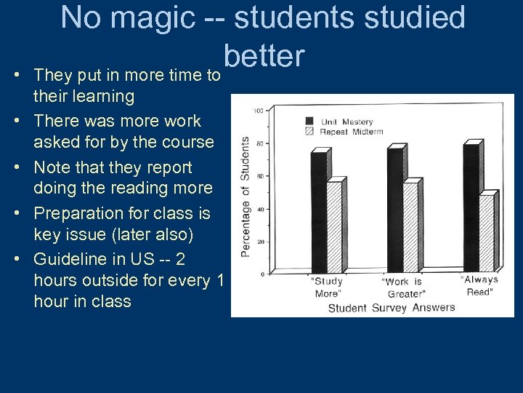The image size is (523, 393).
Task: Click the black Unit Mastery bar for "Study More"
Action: [318, 211]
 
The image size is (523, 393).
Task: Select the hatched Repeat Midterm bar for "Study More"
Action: [334, 227]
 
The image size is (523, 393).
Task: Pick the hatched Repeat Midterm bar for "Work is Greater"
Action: [410, 227]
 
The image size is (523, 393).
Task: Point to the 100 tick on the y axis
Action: [259, 111]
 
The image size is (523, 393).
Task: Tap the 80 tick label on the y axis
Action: [259, 143]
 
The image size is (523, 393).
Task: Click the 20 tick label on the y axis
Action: [259, 242]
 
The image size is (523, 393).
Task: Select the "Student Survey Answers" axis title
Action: [392, 307]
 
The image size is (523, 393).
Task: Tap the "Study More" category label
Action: [327, 287]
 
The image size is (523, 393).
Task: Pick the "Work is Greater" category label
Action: [402, 287]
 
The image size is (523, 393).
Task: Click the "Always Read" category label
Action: [479, 285]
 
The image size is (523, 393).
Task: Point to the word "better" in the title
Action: [264, 55]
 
